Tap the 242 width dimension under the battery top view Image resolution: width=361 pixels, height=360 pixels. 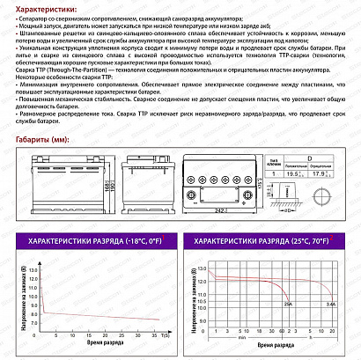[x=215, y=212]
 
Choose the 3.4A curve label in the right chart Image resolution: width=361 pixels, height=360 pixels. [x=330, y=303]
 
